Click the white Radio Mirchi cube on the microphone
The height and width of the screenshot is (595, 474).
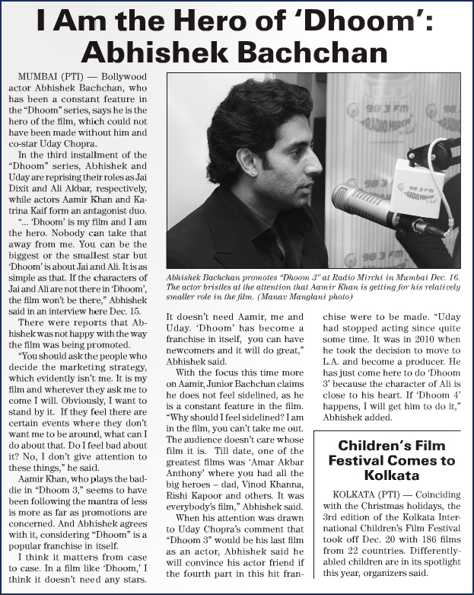click(418, 187)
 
